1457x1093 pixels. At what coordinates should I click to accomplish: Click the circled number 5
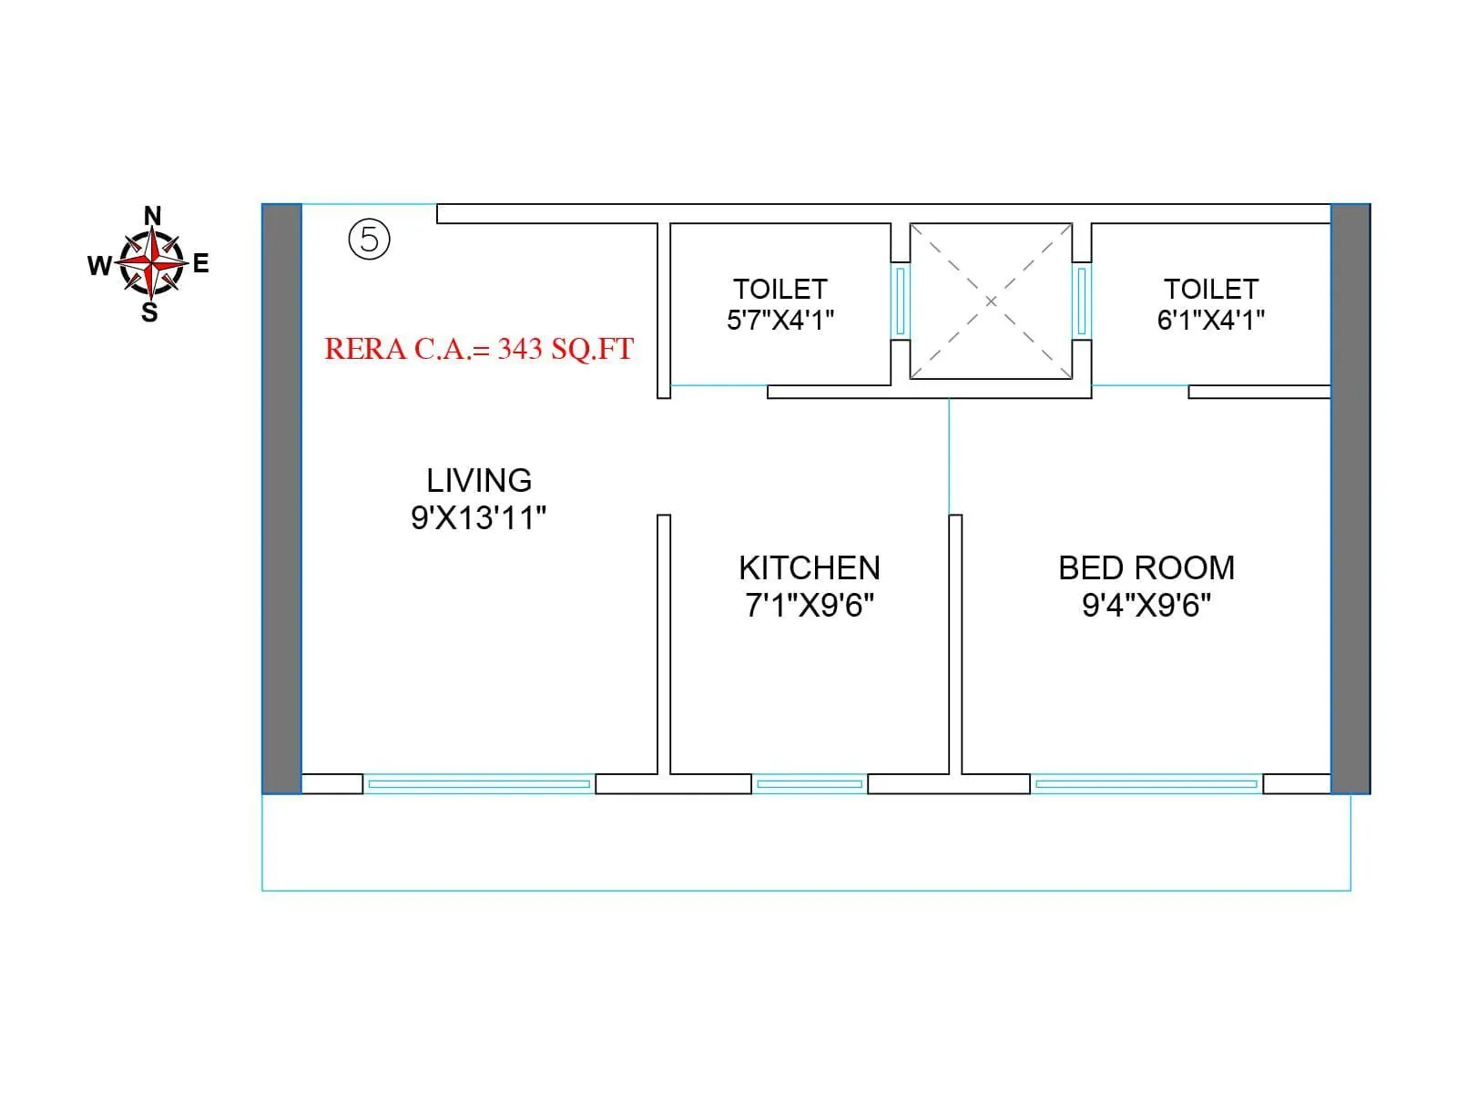(369, 240)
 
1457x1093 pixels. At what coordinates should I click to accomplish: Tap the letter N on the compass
(153, 216)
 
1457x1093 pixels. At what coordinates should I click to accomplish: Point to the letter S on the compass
(149, 313)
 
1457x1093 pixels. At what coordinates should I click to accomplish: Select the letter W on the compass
(99, 265)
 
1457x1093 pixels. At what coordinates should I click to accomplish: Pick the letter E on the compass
(201, 264)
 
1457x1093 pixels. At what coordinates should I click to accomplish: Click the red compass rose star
(151, 263)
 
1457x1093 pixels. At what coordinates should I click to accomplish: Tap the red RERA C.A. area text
(479, 349)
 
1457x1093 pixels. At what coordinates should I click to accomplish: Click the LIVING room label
(479, 480)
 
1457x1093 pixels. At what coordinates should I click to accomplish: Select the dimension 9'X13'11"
(479, 517)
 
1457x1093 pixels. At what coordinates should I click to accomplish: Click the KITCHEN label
(810, 567)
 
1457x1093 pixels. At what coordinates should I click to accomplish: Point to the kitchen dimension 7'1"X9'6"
(810, 605)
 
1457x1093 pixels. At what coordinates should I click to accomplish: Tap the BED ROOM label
(1146, 567)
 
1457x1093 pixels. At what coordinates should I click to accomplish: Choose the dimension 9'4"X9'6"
(1146, 605)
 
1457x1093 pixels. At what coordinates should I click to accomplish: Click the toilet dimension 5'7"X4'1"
(780, 320)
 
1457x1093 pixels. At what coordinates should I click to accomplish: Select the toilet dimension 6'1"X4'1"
(1211, 320)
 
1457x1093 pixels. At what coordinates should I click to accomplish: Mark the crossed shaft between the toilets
(991, 301)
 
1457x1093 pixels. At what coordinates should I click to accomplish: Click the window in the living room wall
(479, 783)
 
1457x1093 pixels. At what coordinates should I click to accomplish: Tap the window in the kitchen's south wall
(810, 783)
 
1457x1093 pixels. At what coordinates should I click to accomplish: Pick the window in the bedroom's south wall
(1146, 783)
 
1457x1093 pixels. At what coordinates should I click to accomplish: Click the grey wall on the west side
(281, 498)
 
